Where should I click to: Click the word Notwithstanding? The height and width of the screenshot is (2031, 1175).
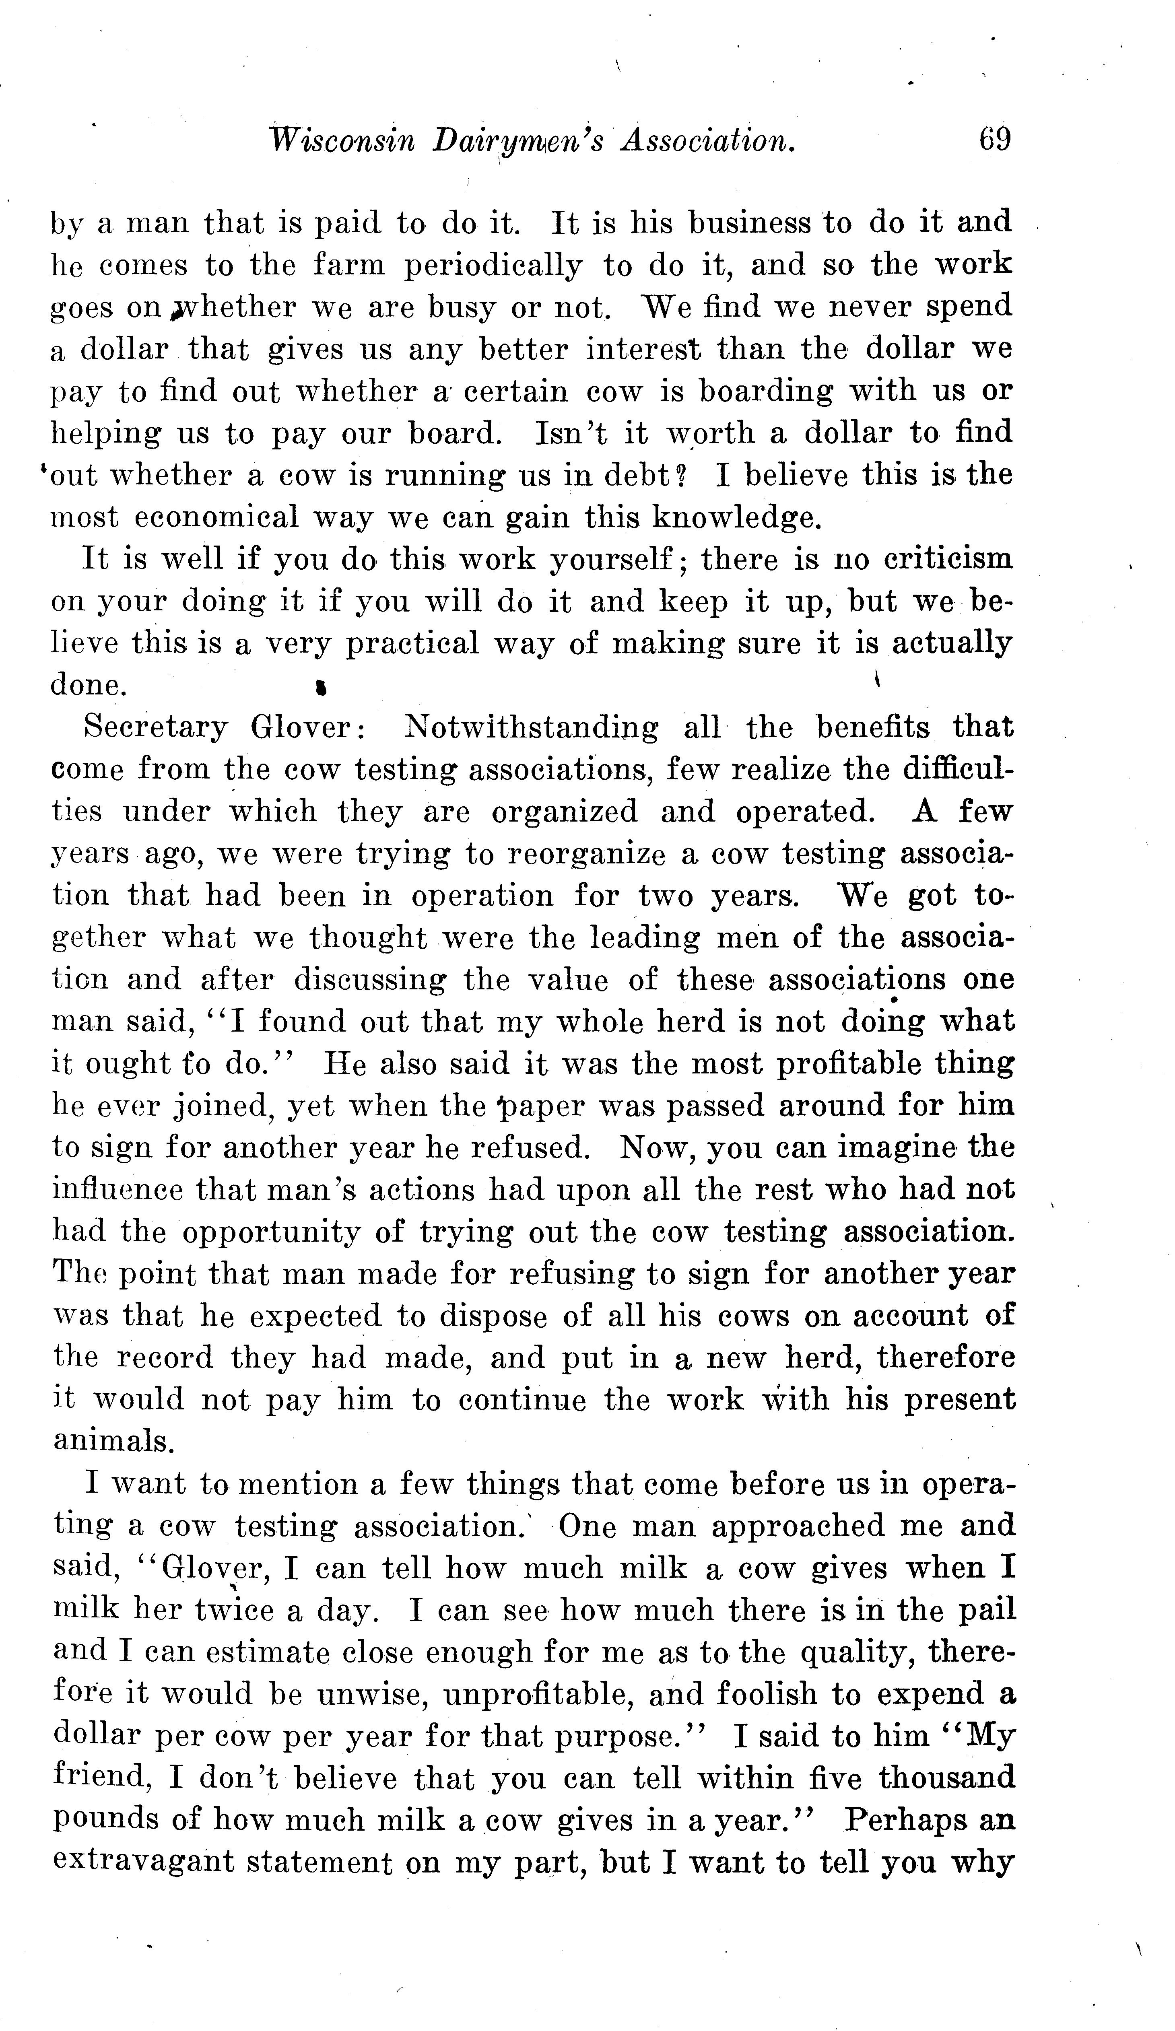click(x=530, y=728)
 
